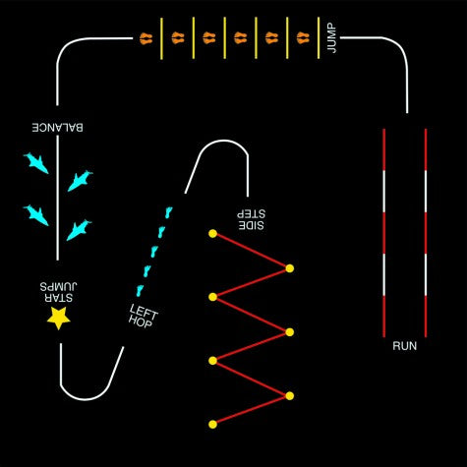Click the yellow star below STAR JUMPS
59,318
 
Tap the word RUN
405,346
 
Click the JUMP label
332,37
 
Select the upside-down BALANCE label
57,127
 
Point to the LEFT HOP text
143,316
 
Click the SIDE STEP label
251,219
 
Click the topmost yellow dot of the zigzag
212,234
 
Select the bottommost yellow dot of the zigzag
212,425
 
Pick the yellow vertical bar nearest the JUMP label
319,38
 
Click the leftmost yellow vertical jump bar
161,38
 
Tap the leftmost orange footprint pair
146,38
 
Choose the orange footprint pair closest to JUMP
303,38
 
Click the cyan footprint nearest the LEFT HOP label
140,290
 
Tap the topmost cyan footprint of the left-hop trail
168,212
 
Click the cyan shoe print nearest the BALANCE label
36,162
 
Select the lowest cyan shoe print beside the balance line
79,230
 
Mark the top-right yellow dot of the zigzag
289,268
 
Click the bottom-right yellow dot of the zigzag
289,396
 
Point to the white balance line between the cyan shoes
58,198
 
